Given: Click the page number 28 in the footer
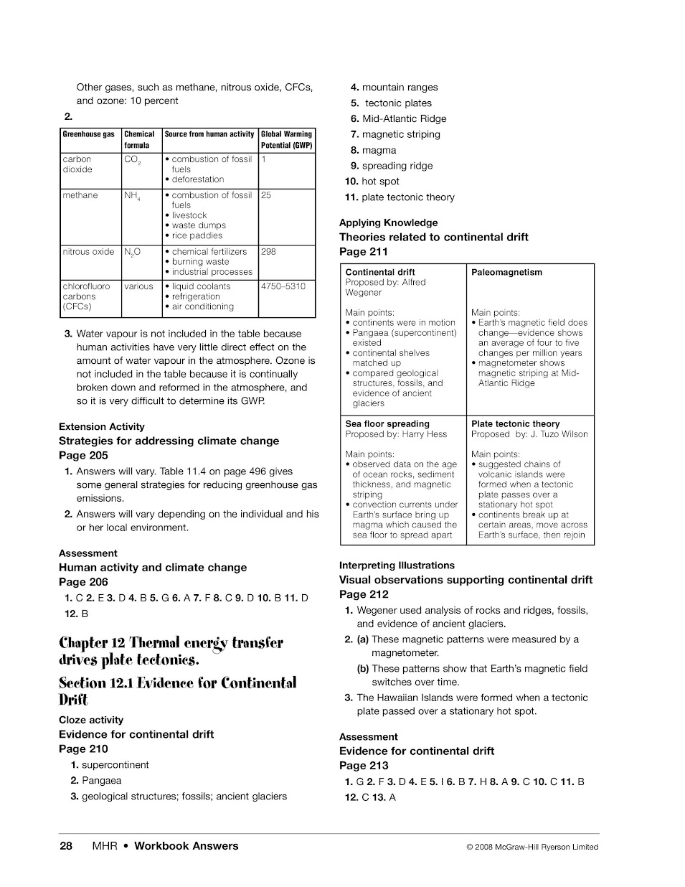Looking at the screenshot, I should [66, 846].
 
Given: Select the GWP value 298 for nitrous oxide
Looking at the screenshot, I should [268, 252].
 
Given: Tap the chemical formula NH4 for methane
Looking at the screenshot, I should [132, 195].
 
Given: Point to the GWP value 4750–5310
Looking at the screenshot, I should [283, 286].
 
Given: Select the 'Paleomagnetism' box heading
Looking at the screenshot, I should [506, 273].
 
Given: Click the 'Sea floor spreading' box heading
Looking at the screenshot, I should [387, 424].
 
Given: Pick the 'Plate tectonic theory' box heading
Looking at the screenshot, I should [515, 424].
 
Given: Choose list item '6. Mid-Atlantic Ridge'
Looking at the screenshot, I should [399, 119].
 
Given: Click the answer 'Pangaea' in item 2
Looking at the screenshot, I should [101, 781].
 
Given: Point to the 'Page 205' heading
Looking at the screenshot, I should [83, 456].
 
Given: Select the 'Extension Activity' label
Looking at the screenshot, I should [102, 427].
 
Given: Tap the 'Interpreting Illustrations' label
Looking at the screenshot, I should [397, 565].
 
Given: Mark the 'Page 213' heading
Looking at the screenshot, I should [364, 766].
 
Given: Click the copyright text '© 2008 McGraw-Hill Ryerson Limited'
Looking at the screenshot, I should [532, 847].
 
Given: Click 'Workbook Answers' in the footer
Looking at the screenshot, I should [186, 846].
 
